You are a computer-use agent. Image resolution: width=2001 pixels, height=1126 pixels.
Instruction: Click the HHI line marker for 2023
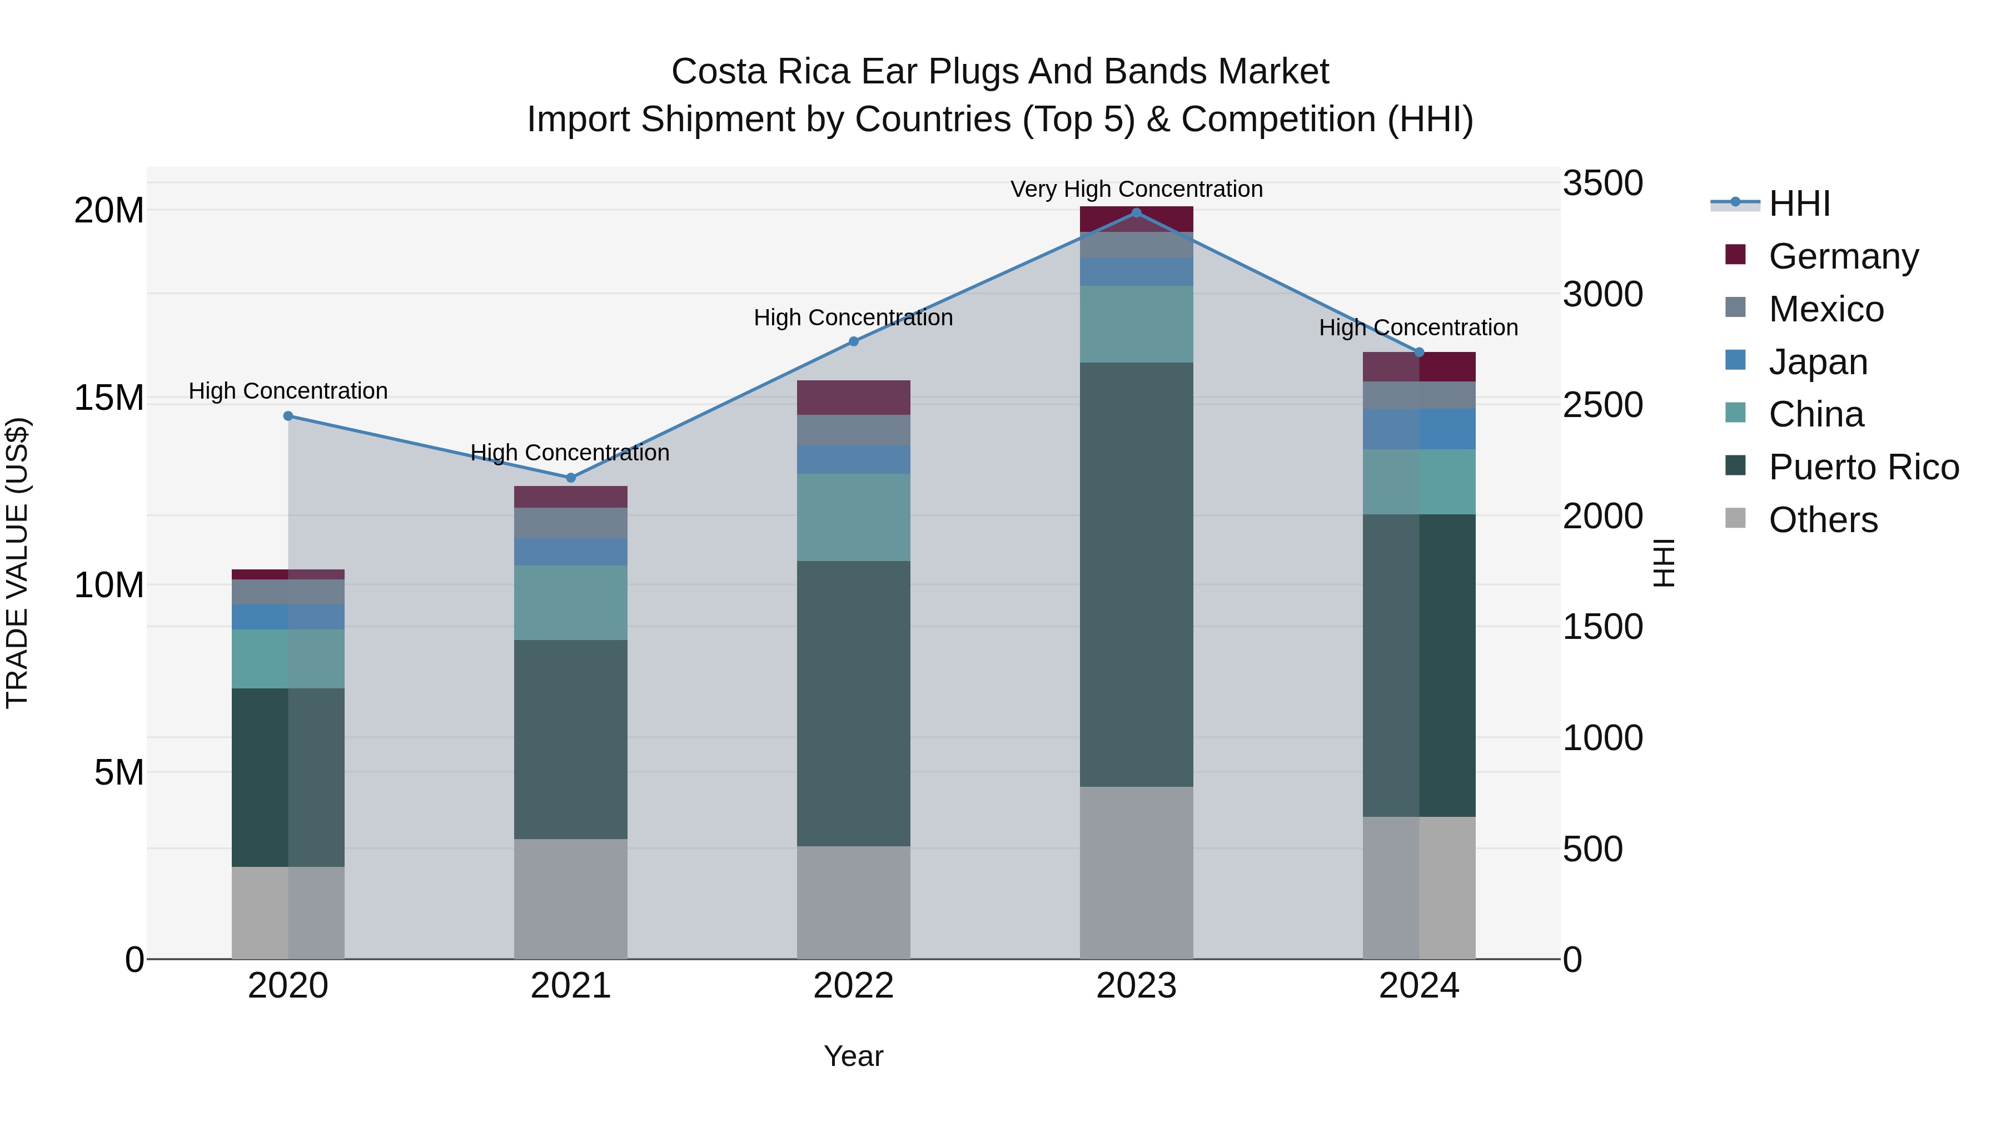pos(1137,213)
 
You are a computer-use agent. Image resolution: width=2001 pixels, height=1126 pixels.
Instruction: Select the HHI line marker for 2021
pos(571,477)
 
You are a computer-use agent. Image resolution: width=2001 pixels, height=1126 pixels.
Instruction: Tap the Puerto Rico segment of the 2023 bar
pos(1137,575)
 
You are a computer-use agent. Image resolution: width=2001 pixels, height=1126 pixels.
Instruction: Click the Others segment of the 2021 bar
pos(571,899)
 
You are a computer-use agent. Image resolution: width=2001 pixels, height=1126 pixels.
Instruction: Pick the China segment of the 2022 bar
pos(854,518)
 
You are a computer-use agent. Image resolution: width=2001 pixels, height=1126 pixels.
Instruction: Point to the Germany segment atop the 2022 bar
pos(854,398)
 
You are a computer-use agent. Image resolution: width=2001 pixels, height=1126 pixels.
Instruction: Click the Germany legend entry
pos(1843,256)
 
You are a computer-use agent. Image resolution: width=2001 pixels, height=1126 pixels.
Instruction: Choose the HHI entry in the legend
pos(1799,204)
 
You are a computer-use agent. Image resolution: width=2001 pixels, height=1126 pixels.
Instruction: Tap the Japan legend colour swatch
pos(1735,360)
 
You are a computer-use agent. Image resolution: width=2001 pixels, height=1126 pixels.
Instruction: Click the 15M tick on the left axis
pos(109,398)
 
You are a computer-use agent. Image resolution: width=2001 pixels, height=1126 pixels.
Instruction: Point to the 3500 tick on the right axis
pos(1602,184)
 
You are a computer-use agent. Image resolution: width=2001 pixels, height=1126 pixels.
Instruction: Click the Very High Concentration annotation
pos(1137,189)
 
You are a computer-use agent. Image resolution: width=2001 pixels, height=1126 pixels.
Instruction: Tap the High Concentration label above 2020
pos(288,391)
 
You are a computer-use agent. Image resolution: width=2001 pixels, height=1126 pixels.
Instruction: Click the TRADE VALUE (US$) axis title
pos(17,563)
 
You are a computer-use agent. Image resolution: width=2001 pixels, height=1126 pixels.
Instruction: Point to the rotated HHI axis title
pos(1664,563)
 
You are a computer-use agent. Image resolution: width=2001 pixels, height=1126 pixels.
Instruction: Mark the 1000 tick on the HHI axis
pos(1602,738)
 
